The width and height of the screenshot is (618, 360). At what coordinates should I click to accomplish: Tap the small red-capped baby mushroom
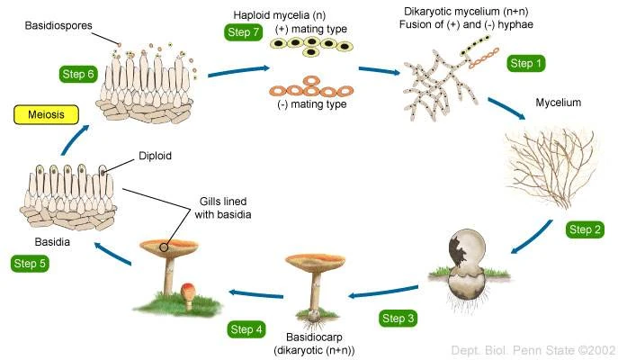(x=187, y=293)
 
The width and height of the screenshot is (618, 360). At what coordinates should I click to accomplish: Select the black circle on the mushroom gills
(x=164, y=246)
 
